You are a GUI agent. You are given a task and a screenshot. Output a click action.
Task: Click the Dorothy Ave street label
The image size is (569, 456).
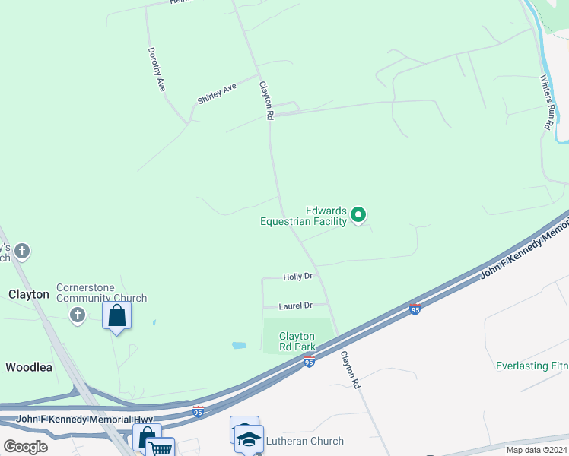[x=157, y=70]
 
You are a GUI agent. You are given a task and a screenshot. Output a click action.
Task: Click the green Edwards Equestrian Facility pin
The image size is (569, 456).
[x=359, y=215]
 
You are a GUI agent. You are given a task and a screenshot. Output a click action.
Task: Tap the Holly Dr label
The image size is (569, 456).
[x=298, y=277]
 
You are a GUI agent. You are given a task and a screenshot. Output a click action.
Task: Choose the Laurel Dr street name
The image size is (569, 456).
[x=296, y=306]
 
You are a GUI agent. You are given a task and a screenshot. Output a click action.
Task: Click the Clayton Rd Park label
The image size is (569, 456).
[x=297, y=341]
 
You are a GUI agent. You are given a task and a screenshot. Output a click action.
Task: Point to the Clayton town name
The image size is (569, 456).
[x=29, y=294]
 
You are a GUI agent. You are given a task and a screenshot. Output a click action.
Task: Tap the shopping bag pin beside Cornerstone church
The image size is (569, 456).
[x=116, y=315]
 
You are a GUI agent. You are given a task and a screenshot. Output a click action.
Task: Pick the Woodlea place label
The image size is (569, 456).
[x=29, y=367]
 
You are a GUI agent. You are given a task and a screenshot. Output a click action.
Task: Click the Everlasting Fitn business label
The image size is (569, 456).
[x=532, y=366]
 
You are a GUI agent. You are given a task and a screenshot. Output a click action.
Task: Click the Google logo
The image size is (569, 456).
[x=26, y=446]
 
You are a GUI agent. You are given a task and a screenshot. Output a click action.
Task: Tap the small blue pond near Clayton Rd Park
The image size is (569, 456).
[x=239, y=345]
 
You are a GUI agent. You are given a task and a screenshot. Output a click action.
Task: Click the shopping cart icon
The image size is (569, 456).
[x=161, y=448]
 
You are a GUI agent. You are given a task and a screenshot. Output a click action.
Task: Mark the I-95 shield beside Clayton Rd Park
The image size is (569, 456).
[x=309, y=363]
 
